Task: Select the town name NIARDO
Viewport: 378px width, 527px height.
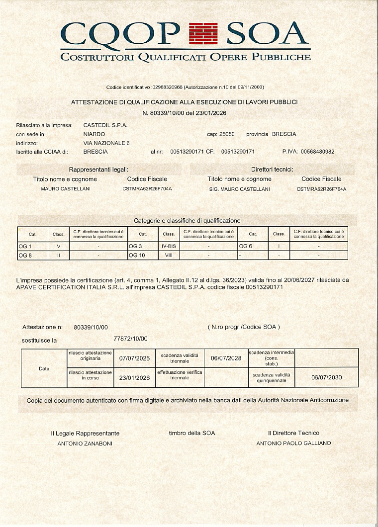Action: [x=94, y=134]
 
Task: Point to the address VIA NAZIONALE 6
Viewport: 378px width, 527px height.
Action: [x=106, y=143]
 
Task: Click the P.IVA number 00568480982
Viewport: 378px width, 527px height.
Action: [x=314, y=152]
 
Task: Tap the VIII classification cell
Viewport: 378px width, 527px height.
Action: [x=169, y=255]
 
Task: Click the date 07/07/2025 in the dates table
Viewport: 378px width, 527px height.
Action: [x=134, y=358]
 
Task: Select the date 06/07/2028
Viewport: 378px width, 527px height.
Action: [x=226, y=358]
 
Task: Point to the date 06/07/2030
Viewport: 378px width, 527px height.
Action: [x=326, y=377]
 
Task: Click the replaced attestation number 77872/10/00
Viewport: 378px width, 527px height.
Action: [x=131, y=339]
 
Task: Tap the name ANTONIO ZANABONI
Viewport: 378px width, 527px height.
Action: [x=85, y=443]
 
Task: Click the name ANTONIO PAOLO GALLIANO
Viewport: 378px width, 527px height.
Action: [x=293, y=443]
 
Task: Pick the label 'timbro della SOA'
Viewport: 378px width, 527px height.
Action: [x=192, y=433]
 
